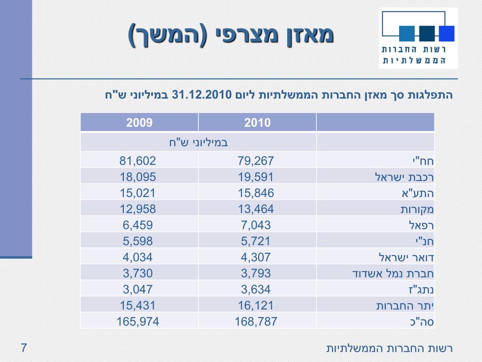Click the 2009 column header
click(139, 123)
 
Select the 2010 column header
click(257, 123)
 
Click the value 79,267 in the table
click(257, 161)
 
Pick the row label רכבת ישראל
click(404, 177)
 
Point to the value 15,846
click(257, 193)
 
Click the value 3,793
click(257, 273)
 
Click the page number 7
click(24, 349)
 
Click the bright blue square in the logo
click(446, 33)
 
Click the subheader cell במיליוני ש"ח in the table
click(198, 142)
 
